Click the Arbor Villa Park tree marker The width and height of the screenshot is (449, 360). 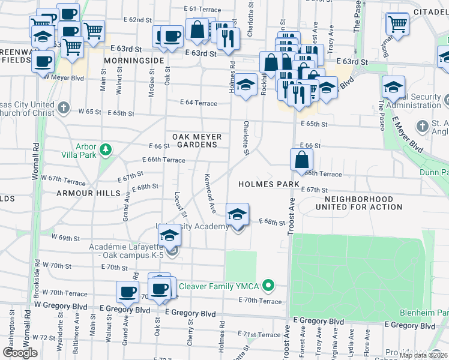(x=106, y=149)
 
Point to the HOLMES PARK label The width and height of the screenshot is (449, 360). (x=268, y=184)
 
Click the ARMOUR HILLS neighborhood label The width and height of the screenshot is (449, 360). (x=83, y=193)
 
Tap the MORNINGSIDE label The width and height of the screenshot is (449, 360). (x=133, y=61)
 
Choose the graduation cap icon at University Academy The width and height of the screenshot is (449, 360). (x=237, y=215)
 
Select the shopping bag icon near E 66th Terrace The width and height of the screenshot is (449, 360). (x=301, y=160)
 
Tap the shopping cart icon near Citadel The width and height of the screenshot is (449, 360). (x=397, y=24)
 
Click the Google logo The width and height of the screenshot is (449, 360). (x=20, y=353)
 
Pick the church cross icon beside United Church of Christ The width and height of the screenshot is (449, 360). (x=64, y=109)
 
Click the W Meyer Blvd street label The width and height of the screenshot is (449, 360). (x=62, y=77)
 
